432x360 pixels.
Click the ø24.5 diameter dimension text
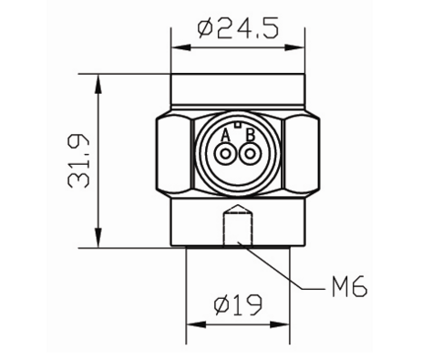pyautogui.click(x=238, y=29)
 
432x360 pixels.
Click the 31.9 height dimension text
pyautogui.click(x=78, y=161)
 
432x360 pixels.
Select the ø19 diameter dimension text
pyautogui.click(x=238, y=304)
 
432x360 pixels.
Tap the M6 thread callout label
pyautogui.click(x=349, y=287)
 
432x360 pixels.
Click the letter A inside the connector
pyautogui.click(x=225, y=136)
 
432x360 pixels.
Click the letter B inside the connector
pyautogui.click(x=250, y=136)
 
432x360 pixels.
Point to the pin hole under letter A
pyautogui.click(x=225, y=154)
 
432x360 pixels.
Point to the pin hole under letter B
pyautogui.click(x=250, y=154)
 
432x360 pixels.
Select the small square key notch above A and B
pyautogui.click(x=238, y=124)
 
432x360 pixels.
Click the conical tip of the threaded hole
pyautogui.click(x=238, y=209)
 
